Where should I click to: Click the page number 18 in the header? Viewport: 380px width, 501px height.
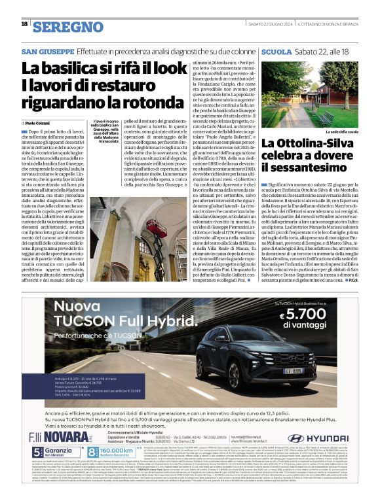tap(24, 24)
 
